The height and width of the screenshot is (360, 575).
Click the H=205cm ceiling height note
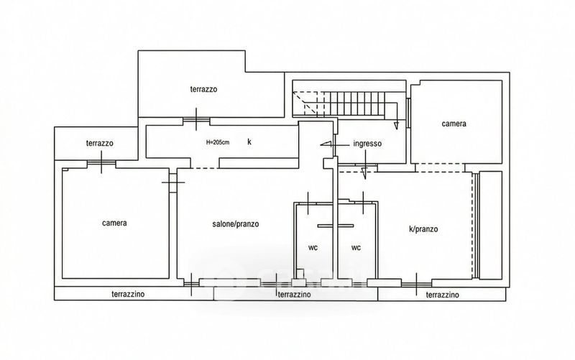[x=218, y=142]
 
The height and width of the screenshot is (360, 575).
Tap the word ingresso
[x=367, y=144]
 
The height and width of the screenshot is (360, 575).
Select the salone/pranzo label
[x=236, y=223]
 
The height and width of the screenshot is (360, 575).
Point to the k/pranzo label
[x=423, y=229]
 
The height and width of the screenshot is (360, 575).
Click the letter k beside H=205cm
[x=249, y=142]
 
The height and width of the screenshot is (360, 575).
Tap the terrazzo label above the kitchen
[x=203, y=89]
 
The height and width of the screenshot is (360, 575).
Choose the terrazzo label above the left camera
[x=100, y=143]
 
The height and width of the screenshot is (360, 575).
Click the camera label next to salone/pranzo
[x=114, y=223]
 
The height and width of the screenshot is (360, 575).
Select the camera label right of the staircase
[x=454, y=124]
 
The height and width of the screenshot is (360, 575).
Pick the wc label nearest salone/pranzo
[x=313, y=248]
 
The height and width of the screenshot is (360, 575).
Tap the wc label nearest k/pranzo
[x=356, y=248]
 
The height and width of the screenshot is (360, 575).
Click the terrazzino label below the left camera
[x=128, y=294]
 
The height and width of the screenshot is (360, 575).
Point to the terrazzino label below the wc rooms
[x=294, y=295]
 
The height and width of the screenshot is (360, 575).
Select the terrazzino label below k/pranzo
[x=442, y=295]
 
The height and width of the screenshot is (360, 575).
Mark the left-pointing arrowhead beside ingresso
[x=326, y=144]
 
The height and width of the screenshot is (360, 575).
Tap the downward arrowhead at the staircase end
[x=396, y=126]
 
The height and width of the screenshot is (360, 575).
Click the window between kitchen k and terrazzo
[x=196, y=119]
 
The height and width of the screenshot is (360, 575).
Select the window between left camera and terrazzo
[x=101, y=162]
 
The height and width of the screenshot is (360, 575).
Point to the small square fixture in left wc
[x=300, y=273]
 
